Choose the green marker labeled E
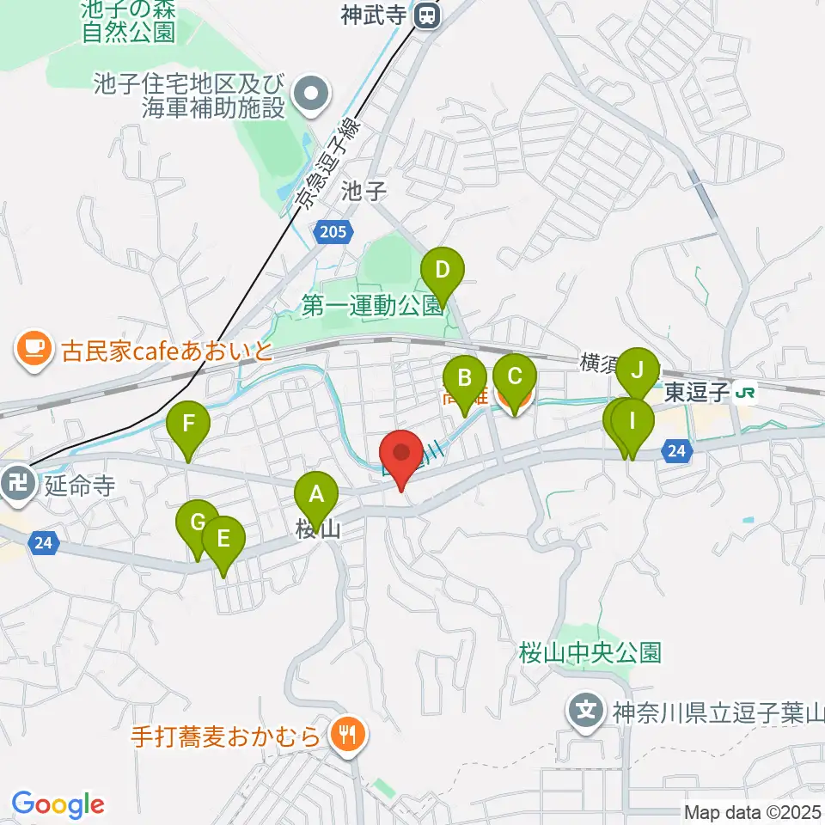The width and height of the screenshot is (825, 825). [x=223, y=539]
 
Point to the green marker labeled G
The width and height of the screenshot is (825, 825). [x=197, y=522]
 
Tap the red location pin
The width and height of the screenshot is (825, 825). [x=400, y=452]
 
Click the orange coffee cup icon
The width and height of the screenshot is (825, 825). [x=32, y=349]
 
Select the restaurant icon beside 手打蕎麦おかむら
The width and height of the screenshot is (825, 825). [x=349, y=736]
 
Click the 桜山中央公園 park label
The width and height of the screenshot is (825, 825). [x=590, y=652]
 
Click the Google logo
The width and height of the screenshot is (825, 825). [x=58, y=804]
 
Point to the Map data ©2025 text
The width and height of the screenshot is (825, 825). [x=752, y=811]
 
